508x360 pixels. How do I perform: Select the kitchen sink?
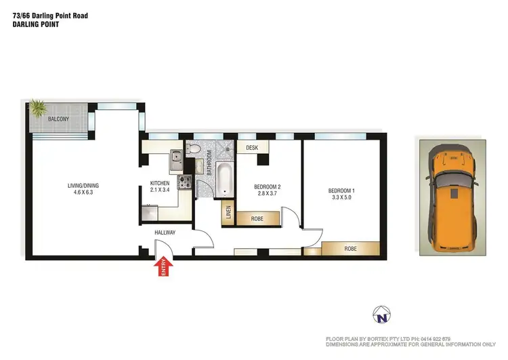click(175, 159)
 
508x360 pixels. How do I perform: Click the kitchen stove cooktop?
click(185, 182)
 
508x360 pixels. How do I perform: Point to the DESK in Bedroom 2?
click(253, 147)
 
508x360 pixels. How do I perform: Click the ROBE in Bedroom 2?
click(257, 218)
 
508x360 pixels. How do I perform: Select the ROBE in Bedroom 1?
click(350, 248)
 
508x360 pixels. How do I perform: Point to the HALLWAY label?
click(165, 233)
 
